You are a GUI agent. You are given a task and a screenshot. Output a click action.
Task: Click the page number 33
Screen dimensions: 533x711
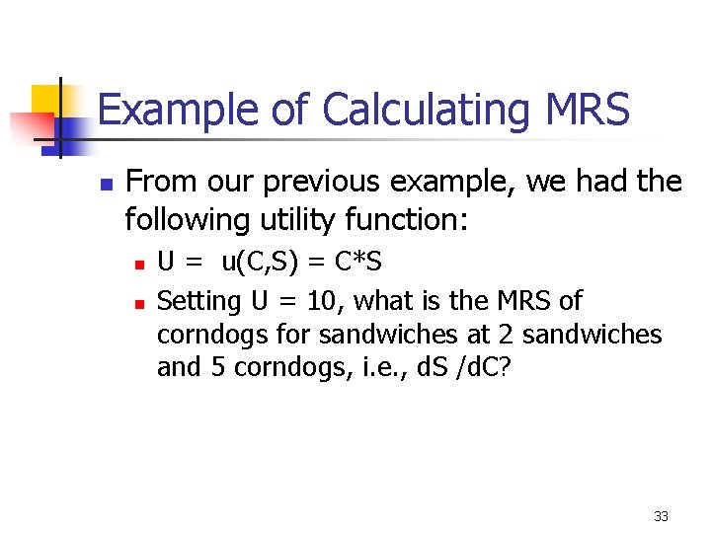coord(661,516)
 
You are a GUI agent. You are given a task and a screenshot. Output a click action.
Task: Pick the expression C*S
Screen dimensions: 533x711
coord(358,264)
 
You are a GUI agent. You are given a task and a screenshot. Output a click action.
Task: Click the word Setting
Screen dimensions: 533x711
coord(199,300)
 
